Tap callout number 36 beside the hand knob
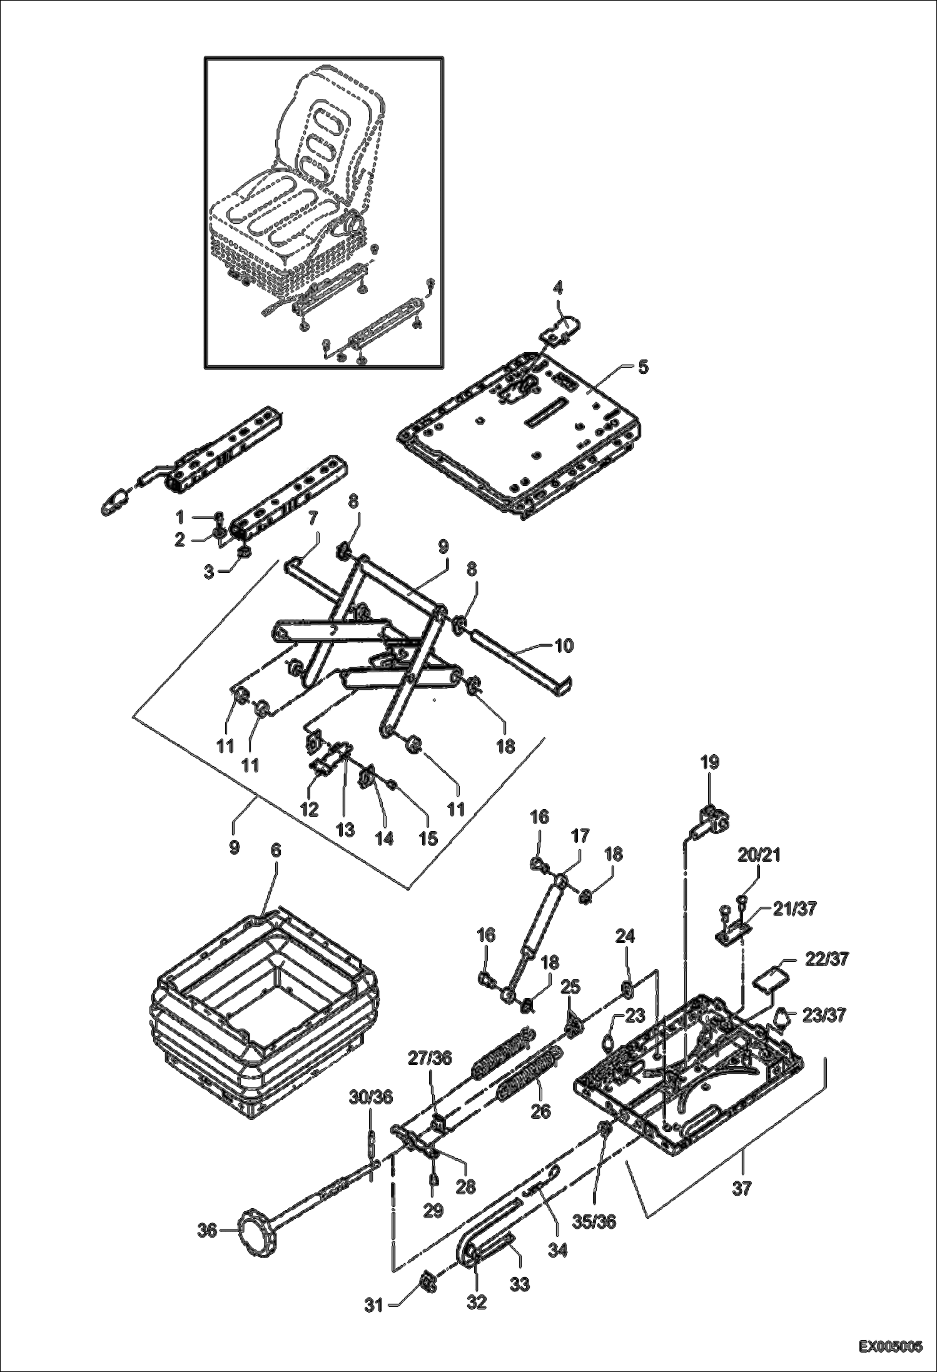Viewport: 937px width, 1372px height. point(208,1231)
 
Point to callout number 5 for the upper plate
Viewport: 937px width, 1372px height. point(642,367)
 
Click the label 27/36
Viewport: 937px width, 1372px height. point(429,1057)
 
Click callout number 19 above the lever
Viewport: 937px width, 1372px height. point(709,762)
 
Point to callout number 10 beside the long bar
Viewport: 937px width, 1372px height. point(564,646)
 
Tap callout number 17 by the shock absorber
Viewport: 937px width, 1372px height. point(580,835)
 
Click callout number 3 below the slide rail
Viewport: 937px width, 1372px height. point(210,571)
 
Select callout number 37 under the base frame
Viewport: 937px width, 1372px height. point(741,1188)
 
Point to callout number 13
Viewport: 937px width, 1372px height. point(344,829)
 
